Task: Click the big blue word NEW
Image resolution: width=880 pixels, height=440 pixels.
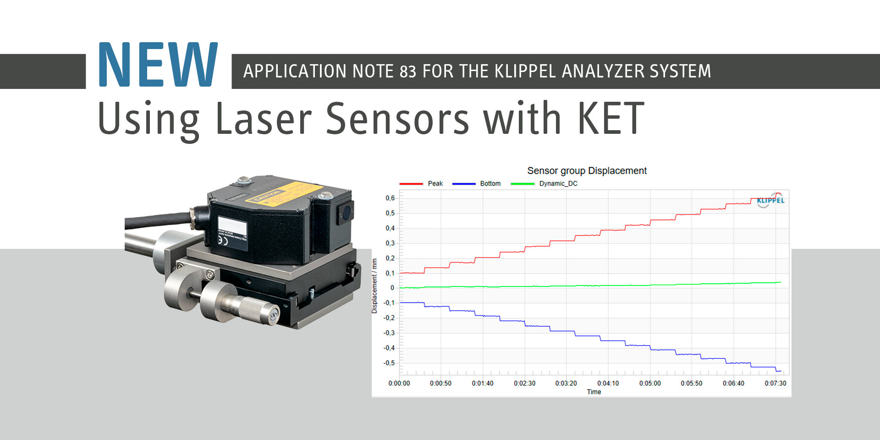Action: (x=158, y=65)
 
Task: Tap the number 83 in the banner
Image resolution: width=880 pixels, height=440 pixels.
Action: (x=407, y=71)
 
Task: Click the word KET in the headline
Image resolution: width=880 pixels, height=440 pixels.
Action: (x=610, y=119)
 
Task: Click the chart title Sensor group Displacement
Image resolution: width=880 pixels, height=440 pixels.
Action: (x=587, y=171)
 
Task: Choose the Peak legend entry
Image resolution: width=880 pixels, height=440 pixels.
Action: (x=435, y=184)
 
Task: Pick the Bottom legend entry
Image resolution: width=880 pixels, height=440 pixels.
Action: (x=490, y=184)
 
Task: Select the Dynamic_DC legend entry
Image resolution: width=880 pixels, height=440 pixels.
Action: (x=558, y=184)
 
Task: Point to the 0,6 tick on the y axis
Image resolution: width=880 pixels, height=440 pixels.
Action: (x=390, y=198)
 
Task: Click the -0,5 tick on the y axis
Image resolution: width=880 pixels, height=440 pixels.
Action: (x=389, y=363)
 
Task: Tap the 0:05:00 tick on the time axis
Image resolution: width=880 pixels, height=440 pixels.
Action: (x=650, y=384)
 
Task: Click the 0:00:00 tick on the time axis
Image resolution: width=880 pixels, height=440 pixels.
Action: (x=399, y=384)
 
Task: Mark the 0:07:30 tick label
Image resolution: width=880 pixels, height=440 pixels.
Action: (x=775, y=384)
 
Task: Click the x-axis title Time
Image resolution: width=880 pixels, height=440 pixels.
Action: (x=594, y=392)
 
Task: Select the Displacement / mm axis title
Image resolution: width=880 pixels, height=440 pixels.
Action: (x=374, y=286)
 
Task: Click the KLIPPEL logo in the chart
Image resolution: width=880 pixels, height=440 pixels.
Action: (x=770, y=200)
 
